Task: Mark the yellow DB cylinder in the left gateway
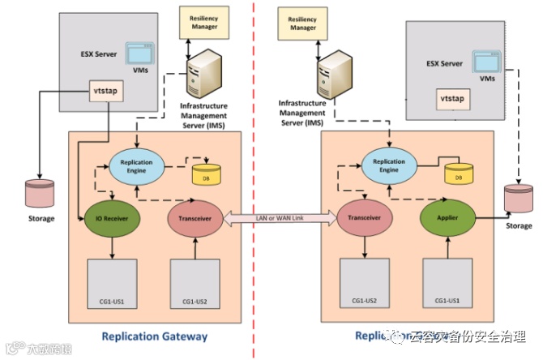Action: click(x=203, y=174)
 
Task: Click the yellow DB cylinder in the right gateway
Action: click(x=458, y=173)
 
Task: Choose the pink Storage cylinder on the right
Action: click(x=519, y=199)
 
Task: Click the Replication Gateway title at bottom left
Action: click(x=155, y=336)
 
